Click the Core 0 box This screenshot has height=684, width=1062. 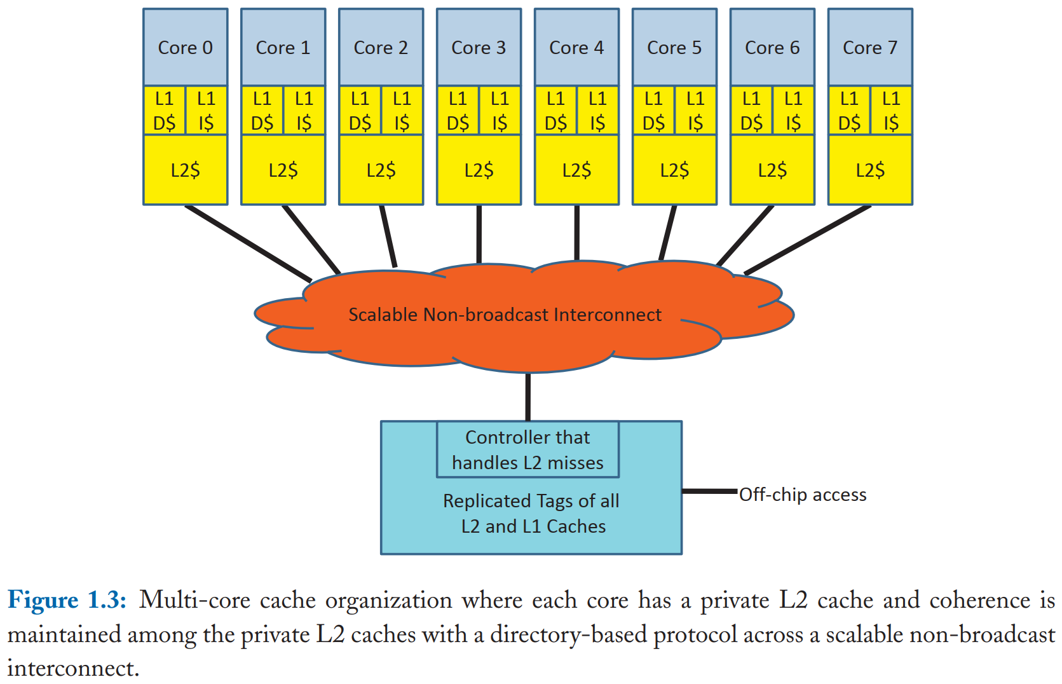coord(185,48)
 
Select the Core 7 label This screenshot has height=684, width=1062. coord(869,48)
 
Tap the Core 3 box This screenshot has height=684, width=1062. coord(479,48)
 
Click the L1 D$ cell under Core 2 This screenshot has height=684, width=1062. coord(360,111)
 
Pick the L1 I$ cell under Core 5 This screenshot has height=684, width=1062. coord(695,111)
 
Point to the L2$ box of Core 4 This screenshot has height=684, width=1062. coord(576,170)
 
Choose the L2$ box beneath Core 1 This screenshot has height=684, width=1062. coord(283,170)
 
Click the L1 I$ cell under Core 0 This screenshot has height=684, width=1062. coord(206,111)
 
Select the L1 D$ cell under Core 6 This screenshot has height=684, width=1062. coord(751,111)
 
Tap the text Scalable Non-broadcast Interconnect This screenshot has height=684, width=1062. coord(505,315)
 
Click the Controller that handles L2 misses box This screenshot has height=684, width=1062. coord(528,450)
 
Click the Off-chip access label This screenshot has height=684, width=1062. coord(802,495)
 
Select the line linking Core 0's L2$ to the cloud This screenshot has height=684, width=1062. coord(248,243)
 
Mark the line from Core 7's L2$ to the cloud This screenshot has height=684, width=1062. coord(807,240)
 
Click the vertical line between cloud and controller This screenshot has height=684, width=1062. coord(528,397)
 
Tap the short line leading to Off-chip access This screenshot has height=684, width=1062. coord(709,491)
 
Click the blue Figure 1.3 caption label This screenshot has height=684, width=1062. coord(67,600)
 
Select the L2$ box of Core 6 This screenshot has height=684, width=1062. coord(772,170)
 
